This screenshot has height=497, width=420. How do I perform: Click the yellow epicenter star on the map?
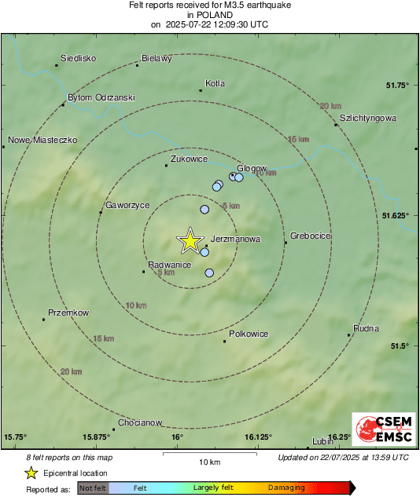190,241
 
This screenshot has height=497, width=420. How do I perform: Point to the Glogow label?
252,168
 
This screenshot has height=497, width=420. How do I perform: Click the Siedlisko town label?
78,58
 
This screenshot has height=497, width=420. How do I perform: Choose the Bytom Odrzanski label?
101,97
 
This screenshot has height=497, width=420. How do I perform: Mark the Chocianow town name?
140,422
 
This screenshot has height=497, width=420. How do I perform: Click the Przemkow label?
68,312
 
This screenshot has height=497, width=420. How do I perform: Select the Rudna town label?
367,328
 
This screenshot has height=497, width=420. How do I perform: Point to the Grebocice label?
311,236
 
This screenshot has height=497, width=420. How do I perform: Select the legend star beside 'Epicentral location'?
31,473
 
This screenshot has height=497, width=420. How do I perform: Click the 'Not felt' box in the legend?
94,488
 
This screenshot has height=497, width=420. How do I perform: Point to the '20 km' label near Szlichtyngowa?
330,105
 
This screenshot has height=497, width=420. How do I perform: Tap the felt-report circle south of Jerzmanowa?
209,273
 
